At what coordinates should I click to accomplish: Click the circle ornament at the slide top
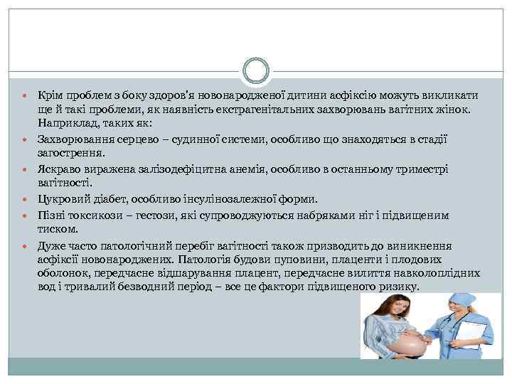pos(255,70)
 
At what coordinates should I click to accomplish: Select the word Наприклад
pos(64,122)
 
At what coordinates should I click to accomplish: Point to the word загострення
pos(70,152)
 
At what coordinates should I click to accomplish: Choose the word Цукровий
pos(63,200)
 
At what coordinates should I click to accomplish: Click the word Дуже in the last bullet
pos(50,246)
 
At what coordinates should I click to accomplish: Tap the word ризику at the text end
pos(401,287)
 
